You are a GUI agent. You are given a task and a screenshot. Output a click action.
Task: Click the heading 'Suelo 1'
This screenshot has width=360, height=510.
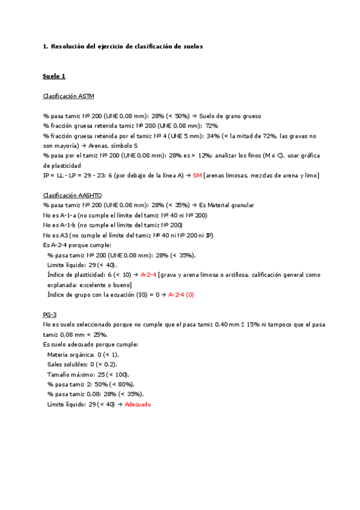click(x=54, y=76)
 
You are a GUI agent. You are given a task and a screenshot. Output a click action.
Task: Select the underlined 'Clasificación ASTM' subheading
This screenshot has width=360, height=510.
click(x=69, y=96)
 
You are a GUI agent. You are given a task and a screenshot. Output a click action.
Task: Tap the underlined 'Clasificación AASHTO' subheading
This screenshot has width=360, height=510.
click(x=72, y=195)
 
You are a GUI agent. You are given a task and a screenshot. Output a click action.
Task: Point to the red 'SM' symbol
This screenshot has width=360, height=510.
click(x=197, y=176)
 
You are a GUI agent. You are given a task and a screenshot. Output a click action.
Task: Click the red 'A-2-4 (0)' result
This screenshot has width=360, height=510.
click(x=181, y=295)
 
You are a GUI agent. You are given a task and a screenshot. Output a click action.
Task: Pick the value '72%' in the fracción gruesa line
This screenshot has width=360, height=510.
click(x=212, y=126)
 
